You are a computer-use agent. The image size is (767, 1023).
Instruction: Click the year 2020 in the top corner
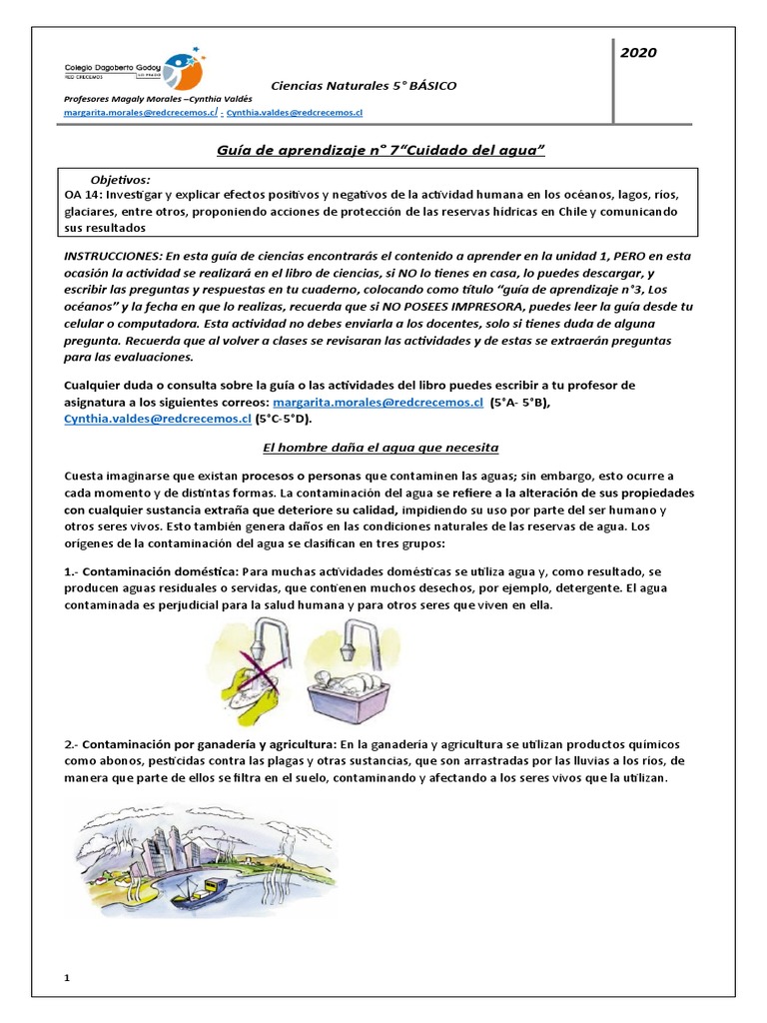click(x=637, y=53)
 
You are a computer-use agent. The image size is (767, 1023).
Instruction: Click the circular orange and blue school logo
click(x=183, y=68)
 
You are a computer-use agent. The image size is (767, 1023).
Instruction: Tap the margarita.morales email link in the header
click(x=140, y=115)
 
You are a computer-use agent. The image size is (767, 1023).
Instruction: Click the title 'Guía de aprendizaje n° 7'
click(x=381, y=149)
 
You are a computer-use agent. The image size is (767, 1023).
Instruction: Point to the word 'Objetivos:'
click(x=121, y=177)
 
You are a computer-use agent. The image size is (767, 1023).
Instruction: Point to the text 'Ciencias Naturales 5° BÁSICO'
click(x=364, y=86)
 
